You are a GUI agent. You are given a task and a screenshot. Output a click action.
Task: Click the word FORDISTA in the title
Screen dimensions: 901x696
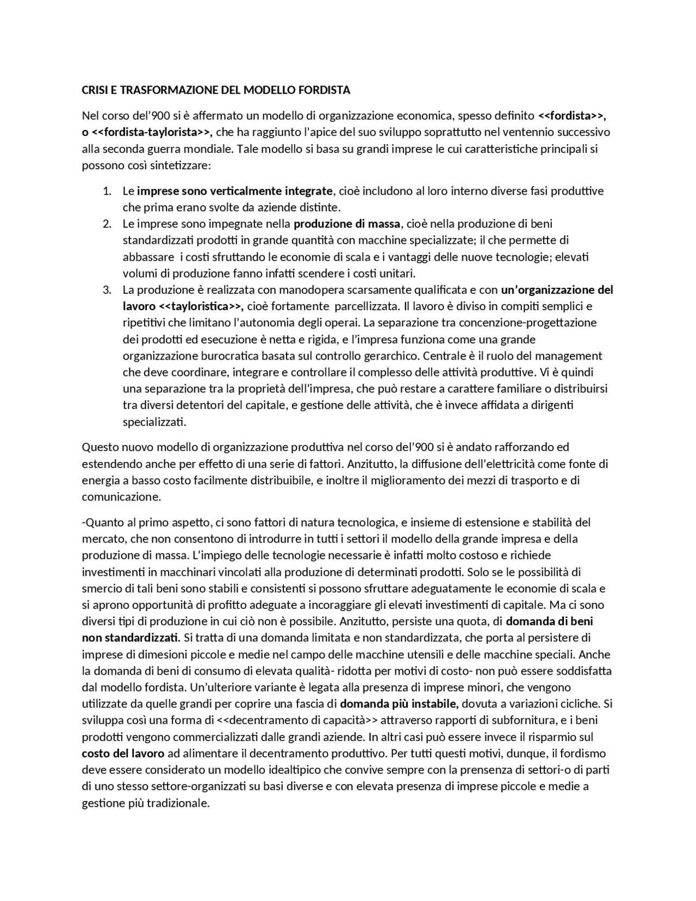[x=323, y=90]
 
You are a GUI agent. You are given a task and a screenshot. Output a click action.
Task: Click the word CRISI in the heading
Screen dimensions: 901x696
[x=95, y=90]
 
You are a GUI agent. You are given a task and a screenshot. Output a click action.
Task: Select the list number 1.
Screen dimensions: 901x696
[x=107, y=191]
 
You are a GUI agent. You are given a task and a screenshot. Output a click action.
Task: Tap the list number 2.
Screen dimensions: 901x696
[x=107, y=224]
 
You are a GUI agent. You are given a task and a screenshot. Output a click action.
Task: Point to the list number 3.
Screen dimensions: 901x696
[x=107, y=289]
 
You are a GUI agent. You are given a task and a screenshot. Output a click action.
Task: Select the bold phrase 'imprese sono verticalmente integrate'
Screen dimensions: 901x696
[x=234, y=191]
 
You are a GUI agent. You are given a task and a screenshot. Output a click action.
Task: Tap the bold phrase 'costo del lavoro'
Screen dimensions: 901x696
[x=123, y=754]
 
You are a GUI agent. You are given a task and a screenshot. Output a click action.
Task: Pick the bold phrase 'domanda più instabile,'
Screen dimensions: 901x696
[x=399, y=704]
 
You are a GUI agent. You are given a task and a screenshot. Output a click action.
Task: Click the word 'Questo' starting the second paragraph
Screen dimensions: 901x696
[x=100, y=447]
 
